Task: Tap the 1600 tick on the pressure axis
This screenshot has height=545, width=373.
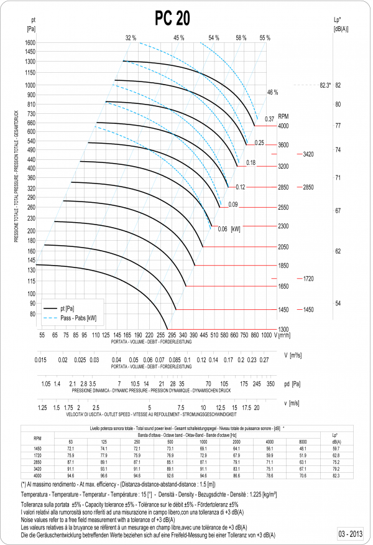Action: click(x=30, y=42)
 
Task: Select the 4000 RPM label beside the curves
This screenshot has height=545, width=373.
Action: click(x=283, y=126)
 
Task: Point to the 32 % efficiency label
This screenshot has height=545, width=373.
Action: click(x=131, y=38)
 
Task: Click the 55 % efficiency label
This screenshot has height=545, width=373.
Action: click(x=265, y=38)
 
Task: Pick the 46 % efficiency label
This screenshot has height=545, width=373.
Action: click(x=272, y=92)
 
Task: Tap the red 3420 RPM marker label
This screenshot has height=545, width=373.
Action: click(x=308, y=153)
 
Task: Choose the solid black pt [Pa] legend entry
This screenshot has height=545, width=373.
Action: click(x=67, y=309)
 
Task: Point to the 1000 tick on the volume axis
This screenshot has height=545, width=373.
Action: click(x=267, y=335)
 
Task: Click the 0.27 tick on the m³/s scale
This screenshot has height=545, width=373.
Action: click(x=264, y=360)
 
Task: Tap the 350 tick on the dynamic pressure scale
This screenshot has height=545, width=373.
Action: click(x=270, y=384)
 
